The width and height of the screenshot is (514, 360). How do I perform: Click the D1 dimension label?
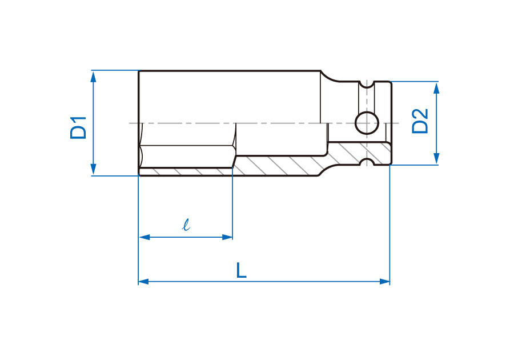(78, 127)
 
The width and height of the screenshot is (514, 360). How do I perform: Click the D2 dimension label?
(420, 121)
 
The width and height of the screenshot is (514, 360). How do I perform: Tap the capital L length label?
(241, 270)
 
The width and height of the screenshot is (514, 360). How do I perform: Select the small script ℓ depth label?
(186, 225)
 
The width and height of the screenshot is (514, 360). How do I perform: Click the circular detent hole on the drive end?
(367, 123)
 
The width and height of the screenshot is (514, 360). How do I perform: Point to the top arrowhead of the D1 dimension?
(94, 77)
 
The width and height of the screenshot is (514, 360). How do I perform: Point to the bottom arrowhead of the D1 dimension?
(94, 170)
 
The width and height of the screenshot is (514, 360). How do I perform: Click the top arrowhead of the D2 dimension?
(436, 87)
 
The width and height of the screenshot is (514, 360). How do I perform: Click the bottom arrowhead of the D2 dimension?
(436, 159)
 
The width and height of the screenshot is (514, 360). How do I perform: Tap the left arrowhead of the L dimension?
(144, 281)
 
